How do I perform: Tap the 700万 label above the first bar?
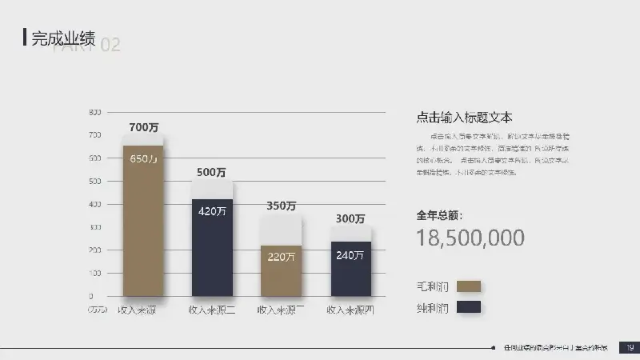click(143, 127)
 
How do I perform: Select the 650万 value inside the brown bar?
click(143, 158)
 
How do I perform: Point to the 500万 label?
click(211, 172)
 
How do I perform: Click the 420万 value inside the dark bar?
click(212, 211)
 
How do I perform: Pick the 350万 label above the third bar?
click(281, 206)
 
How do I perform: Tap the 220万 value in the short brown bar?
click(281, 257)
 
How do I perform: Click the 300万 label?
click(350, 218)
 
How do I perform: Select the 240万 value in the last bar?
click(350, 255)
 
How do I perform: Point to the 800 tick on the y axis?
click(94, 112)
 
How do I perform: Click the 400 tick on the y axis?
click(94, 205)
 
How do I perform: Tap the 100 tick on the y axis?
click(94, 274)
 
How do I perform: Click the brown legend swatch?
click(468, 286)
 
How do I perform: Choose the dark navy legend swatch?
click(468, 306)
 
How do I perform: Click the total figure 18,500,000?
click(470, 238)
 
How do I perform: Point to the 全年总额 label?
click(439, 215)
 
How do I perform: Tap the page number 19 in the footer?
click(630, 347)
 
